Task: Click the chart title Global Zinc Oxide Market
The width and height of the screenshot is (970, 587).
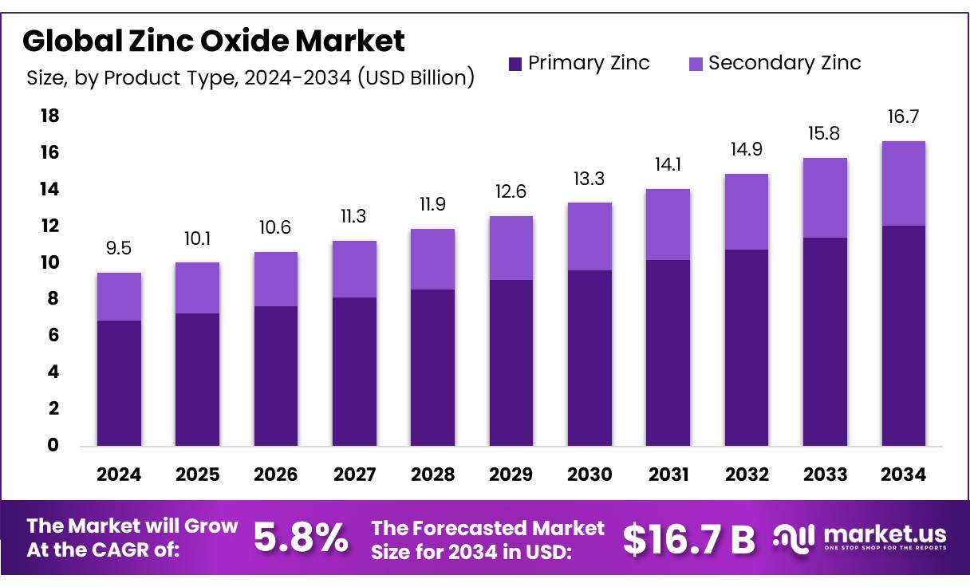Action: [214, 40]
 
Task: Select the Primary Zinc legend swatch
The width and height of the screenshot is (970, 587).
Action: [515, 64]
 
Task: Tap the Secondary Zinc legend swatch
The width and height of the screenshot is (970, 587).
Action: [696, 64]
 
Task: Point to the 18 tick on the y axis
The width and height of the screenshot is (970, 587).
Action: [49, 116]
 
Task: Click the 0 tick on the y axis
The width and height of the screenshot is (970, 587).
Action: [53, 445]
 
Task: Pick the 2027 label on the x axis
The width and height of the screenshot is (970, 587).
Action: [354, 475]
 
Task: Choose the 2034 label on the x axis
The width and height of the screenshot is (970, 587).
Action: [903, 475]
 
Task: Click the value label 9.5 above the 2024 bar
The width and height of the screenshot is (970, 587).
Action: [119, 248]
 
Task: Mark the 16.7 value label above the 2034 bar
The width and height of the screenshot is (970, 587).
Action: [903, 117]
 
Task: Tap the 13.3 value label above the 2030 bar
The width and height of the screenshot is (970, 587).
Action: [589, 179]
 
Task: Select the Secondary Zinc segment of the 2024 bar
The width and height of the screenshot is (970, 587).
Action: [119, 297]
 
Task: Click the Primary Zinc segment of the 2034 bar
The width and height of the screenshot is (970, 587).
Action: [903, 335]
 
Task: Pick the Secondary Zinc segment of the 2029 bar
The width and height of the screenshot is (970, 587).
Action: [511, 248]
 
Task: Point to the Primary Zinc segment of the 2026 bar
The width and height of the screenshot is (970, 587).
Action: [275, 376]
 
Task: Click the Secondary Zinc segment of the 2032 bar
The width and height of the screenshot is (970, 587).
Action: [747, 211]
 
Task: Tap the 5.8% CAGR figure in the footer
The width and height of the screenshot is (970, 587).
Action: [301, 538]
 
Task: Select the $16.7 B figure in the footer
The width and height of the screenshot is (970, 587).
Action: [688, 539]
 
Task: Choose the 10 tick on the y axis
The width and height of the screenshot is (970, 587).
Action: [49, 262]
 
